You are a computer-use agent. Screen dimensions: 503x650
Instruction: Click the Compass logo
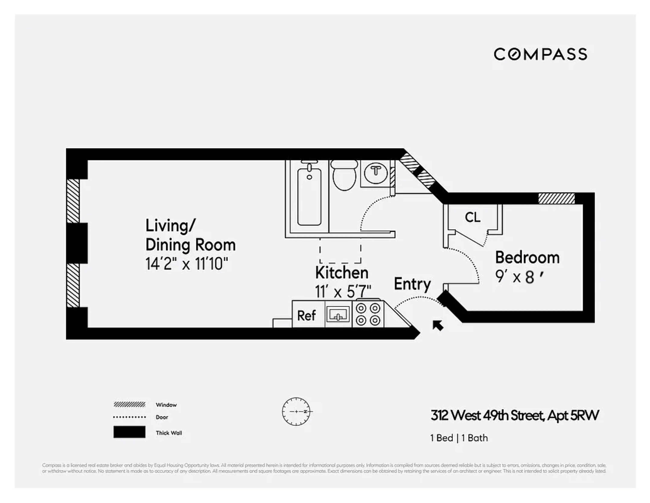tap(540, 54)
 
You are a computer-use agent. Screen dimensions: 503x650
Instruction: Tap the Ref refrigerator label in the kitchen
tap(306, 316)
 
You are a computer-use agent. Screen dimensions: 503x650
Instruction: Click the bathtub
tap(309, 196)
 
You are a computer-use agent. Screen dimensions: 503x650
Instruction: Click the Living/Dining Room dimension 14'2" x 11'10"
tap(187, 264)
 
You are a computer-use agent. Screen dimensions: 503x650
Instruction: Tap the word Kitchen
tap(342, 273)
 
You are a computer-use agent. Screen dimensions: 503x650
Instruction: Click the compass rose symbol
tap(296, 411)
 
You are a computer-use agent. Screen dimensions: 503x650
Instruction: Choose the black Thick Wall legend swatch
tap(129, 432)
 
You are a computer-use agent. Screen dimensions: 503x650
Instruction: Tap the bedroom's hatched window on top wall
tap(556, 198)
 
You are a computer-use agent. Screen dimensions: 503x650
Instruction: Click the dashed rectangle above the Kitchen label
tap(340, 251)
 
